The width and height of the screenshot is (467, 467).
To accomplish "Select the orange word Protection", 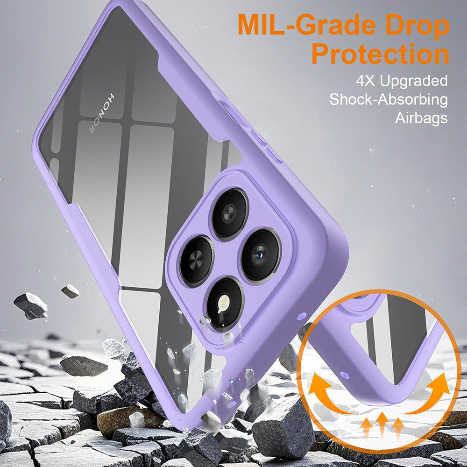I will click(x=380, y=54).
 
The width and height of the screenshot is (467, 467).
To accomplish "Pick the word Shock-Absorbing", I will click(x=389, y=99).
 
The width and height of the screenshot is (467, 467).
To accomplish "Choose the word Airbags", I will click(x=421, y=118).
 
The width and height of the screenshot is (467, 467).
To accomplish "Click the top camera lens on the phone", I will click(x=229, y=214).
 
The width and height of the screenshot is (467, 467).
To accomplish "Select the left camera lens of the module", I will click(x=197, y=261).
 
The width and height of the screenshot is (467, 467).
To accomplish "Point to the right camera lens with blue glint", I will click(x=261, y=255).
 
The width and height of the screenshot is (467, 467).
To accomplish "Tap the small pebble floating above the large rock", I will click(x=71, y=291).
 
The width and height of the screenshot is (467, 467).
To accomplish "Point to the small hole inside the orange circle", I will click(x=345, y=375).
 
